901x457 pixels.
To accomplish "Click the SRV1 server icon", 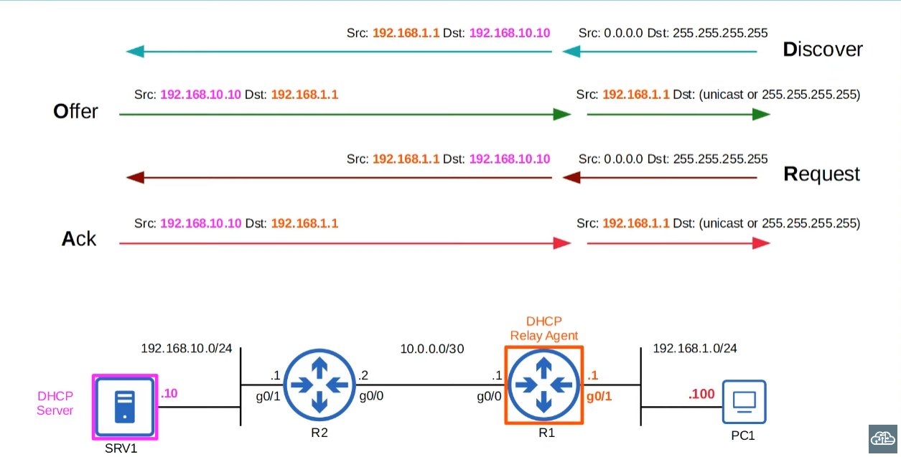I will tap(124, 406).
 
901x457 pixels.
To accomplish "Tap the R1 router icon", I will tap(543, 385).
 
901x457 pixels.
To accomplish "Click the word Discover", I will tap(823, 50).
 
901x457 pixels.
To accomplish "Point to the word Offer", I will tap(75, 112).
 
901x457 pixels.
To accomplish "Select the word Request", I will tap(821, 174).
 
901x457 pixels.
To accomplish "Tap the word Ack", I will tap(79, 239).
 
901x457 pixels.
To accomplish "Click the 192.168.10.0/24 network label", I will tap(187, 349).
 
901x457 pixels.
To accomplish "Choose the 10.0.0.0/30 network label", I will tap(432, 349).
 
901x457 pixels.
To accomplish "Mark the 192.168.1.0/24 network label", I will tap(694, 349).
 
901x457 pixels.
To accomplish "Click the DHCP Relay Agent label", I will tap(543, 328).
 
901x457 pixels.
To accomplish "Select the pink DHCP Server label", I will tap(55, 403).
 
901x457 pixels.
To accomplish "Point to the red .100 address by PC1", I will tap(701, 394).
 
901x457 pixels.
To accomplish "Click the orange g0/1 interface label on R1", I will tap(599, 395).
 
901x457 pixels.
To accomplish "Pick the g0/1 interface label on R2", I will tap(269, 395).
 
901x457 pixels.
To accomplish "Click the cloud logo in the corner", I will tap(883, 437).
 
